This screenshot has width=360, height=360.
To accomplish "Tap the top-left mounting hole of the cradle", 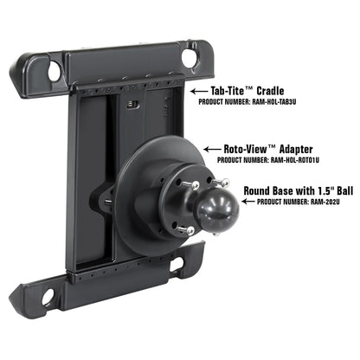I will click(55, 71).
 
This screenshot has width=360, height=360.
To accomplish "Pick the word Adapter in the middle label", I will click(294, 147).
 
